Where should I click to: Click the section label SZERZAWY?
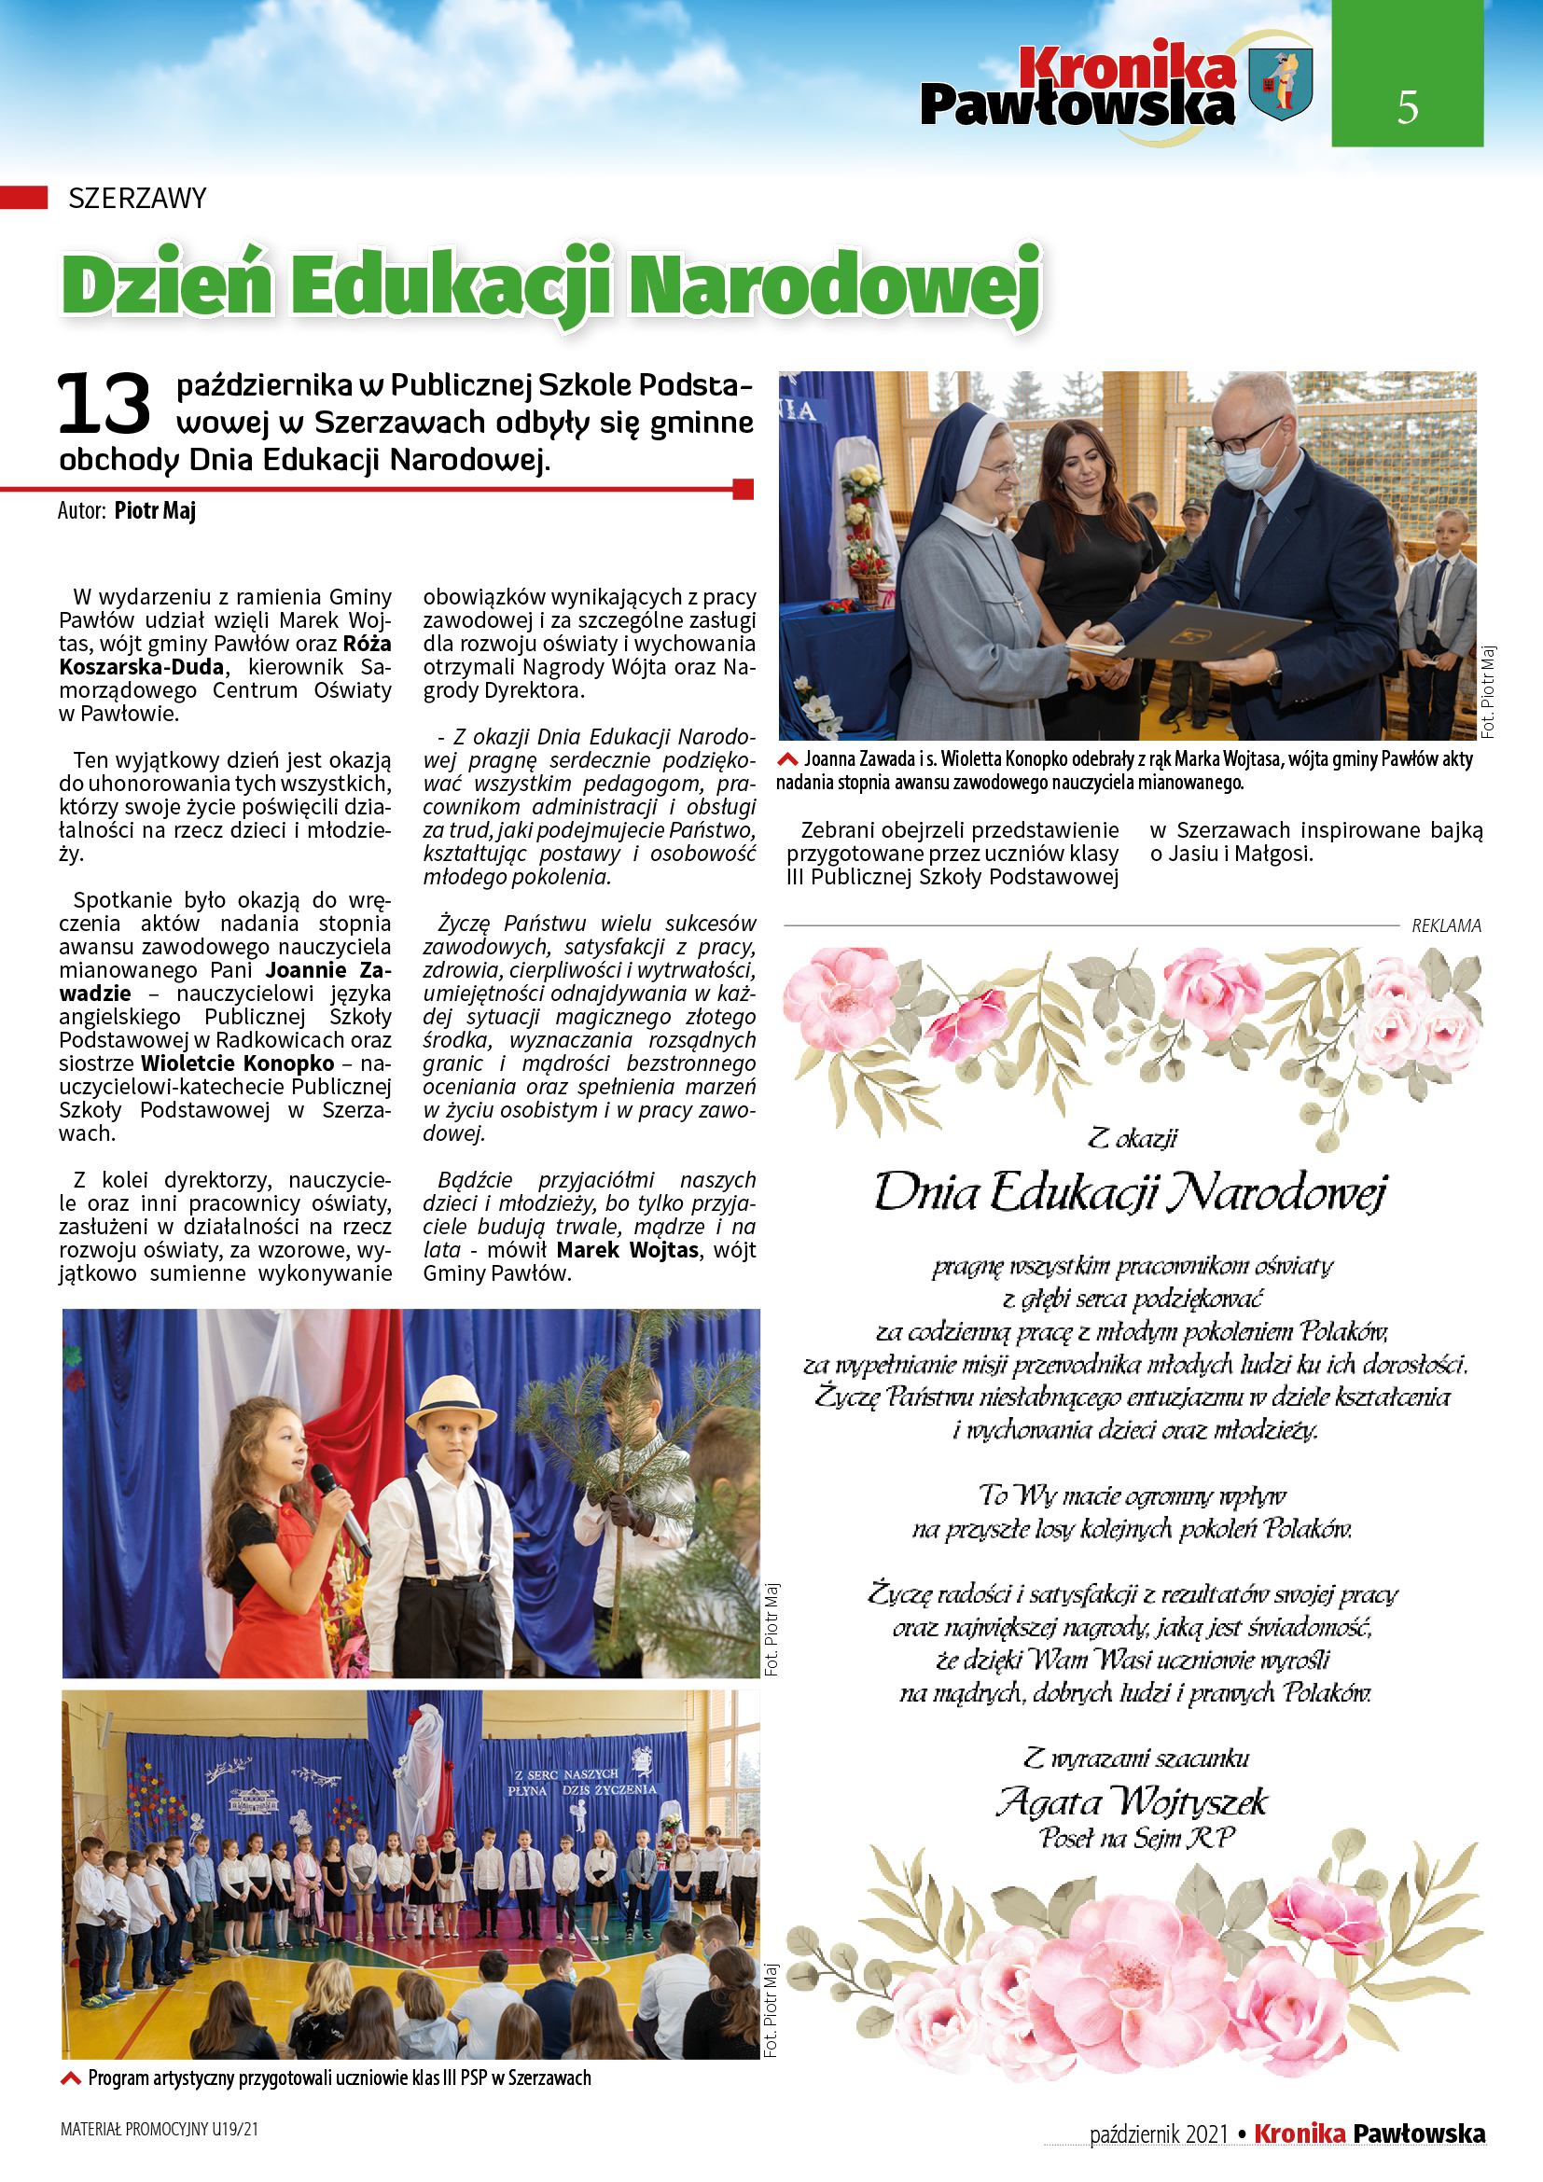137,198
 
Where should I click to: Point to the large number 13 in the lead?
104,404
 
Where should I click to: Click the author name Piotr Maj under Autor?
155,510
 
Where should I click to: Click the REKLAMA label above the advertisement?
1445,924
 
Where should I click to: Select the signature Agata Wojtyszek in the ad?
1132,1800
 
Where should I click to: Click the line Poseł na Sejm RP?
1136,1837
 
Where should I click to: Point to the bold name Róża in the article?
367,644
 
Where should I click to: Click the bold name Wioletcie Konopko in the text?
238,1063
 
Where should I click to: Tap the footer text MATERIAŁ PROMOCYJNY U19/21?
159,2129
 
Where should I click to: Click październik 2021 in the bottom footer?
1159,2133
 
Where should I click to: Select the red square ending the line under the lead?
744,490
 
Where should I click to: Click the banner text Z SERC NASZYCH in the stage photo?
566,1774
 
